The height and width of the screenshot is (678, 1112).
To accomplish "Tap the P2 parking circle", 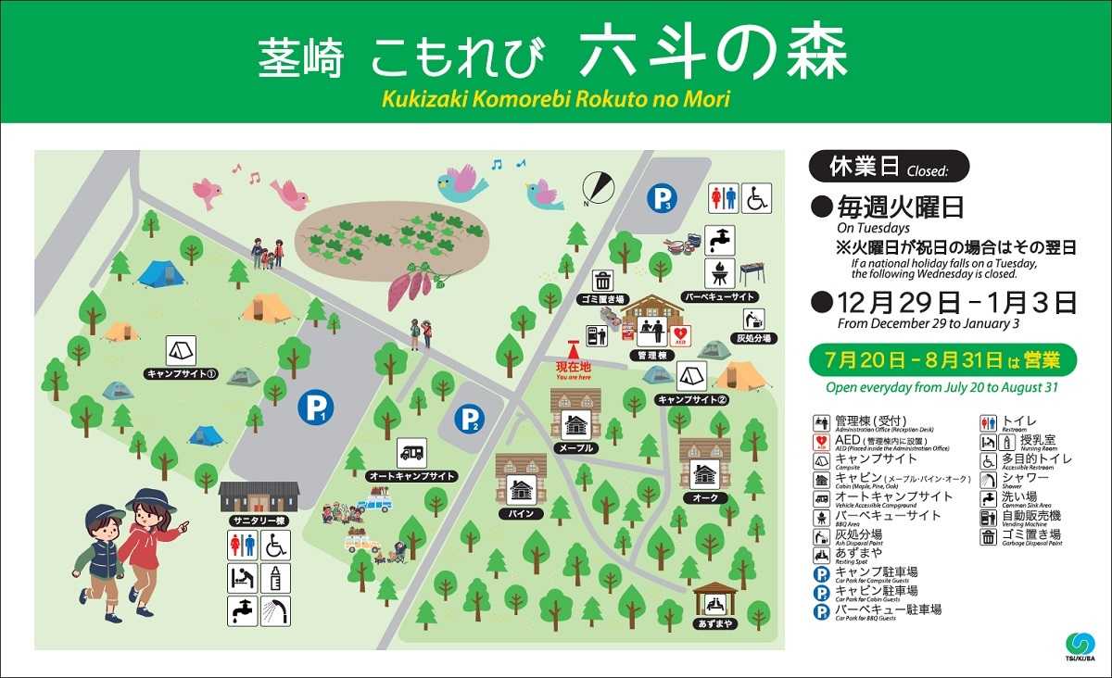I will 469,419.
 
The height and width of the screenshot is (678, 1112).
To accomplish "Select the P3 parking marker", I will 662,197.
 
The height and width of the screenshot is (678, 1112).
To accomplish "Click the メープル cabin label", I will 575,447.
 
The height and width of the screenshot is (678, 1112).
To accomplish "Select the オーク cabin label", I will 705,497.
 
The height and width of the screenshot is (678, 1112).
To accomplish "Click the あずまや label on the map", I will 714,623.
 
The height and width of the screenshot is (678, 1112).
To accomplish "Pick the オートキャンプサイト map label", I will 412,476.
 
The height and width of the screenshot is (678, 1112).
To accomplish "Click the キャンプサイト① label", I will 182,374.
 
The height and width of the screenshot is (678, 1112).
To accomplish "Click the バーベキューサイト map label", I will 719,296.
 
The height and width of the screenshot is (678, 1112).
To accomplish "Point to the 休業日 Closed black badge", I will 889,166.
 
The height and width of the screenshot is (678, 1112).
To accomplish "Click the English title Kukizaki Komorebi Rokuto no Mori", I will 556,98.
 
